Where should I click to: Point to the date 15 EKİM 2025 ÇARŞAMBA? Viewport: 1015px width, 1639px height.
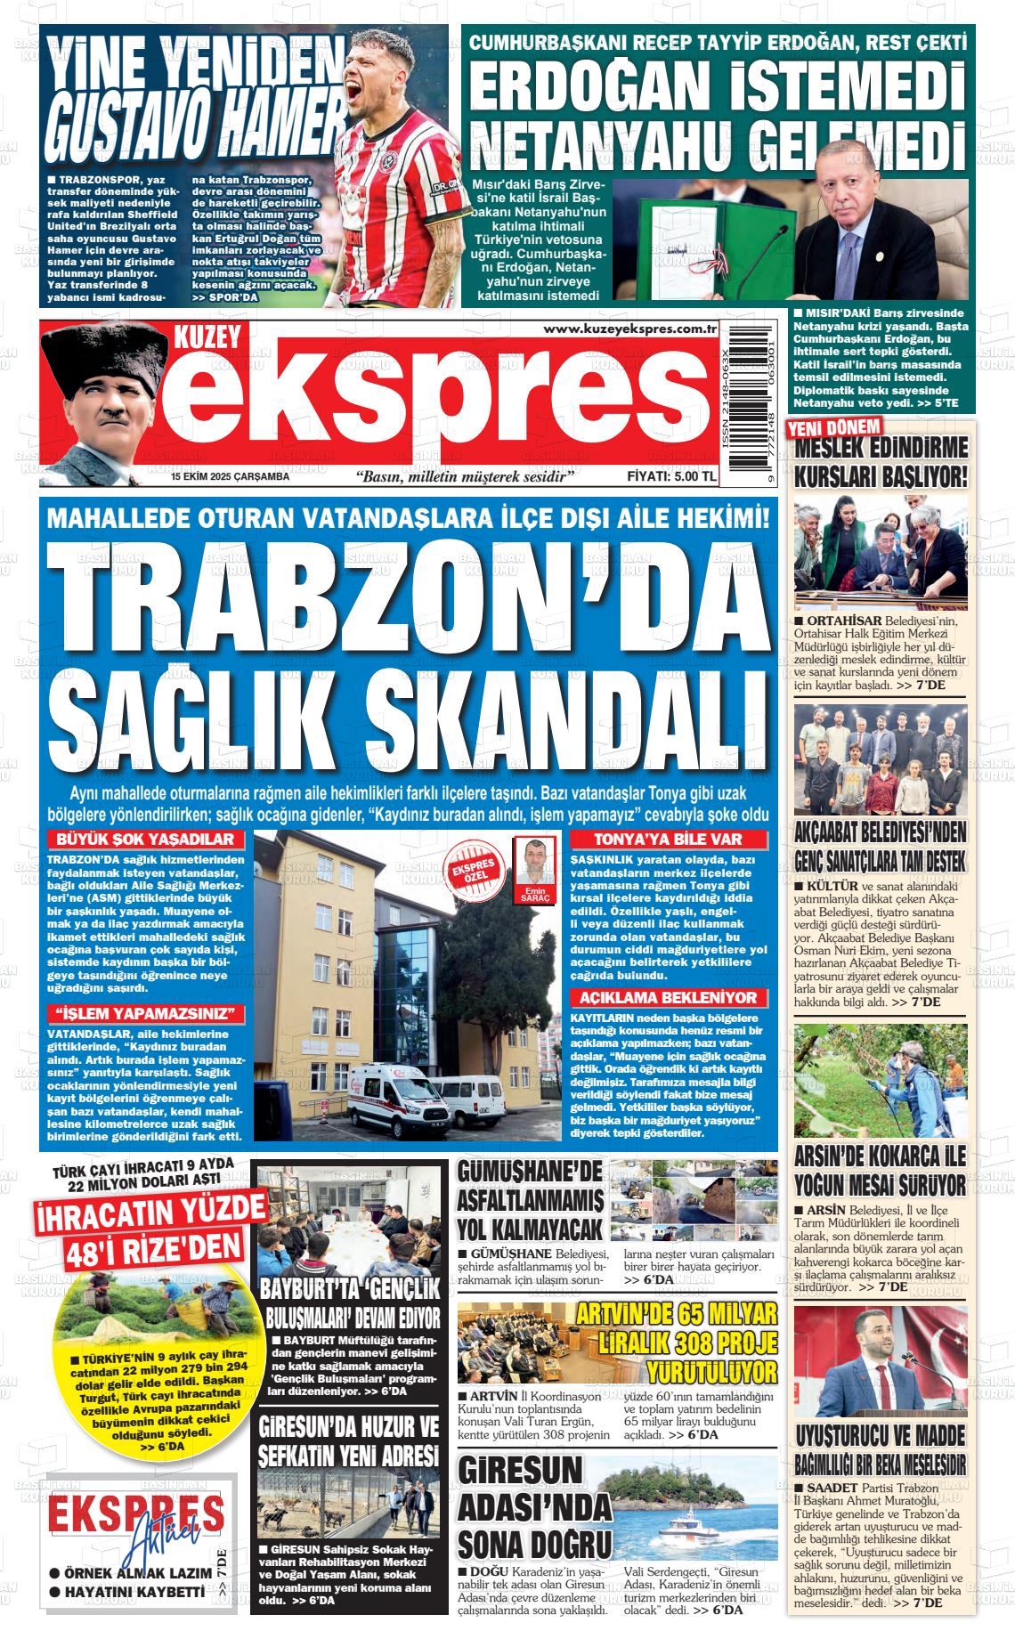click(x=231, y=478)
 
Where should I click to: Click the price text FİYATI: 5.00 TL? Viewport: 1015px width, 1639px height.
click(x=671, y=477)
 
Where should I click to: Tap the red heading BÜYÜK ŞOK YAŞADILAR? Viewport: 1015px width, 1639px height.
click(x=144, y=840)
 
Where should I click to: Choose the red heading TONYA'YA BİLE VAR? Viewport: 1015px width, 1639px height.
click(x=669, y=840)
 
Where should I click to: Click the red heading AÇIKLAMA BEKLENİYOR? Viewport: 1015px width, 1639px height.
click(x=668, y=998)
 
